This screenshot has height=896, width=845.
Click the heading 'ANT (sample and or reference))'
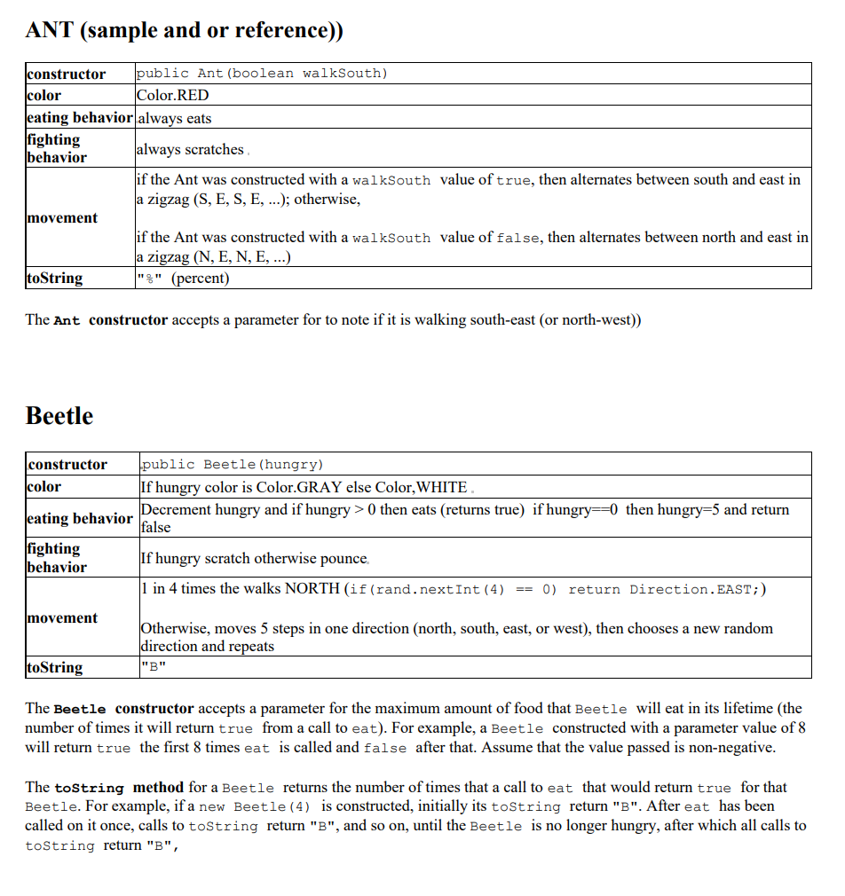184,30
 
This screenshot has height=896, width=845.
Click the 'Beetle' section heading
59,416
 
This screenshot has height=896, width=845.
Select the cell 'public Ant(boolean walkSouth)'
262,73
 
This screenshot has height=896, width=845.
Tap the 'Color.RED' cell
173,95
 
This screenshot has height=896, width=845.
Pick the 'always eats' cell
174,118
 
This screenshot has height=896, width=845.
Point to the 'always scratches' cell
190,149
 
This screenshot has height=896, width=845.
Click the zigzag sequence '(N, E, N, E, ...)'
240,257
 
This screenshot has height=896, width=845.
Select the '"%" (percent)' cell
183,279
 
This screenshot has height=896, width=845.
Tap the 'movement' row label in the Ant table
62,218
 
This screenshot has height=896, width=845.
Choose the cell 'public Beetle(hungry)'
233,464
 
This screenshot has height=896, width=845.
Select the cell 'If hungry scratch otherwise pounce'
254,558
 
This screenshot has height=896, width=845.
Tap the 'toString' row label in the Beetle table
55,667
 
